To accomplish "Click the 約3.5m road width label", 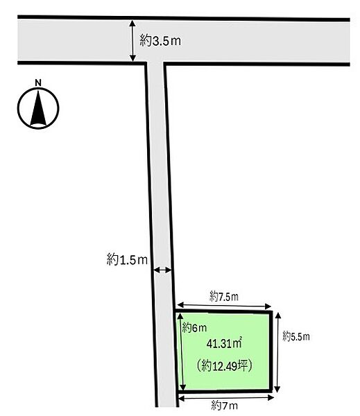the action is click(x=161, y=41).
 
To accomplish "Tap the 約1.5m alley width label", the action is click(x=127, y=259).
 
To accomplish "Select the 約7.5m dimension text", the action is click(x=224, y=296).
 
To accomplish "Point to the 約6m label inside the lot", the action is click(x=194, y=328).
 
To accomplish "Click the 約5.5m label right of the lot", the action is click(x=296, y=337).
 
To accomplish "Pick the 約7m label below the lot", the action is click(x=224, y=406).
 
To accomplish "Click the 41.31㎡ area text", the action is click(x=224, y=344).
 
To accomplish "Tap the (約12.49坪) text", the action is click(x=224, y=366).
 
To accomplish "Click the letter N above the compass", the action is click(x=38, y=83).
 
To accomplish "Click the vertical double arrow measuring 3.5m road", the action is click(x=132, y=41).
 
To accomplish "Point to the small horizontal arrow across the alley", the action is click(x=163, y=270).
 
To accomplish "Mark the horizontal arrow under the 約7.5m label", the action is click(x=224, y=306).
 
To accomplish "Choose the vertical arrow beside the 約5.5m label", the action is click(x=277, y=352).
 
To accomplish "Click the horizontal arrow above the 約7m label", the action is click(x=226, y=397).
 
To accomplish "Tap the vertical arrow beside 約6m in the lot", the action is click(x=181, y=352).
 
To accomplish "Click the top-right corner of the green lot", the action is click(x=271, y=312).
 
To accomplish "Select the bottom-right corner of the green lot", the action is click(x=271, y=390).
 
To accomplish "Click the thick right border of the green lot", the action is click(x=271, y=352).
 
